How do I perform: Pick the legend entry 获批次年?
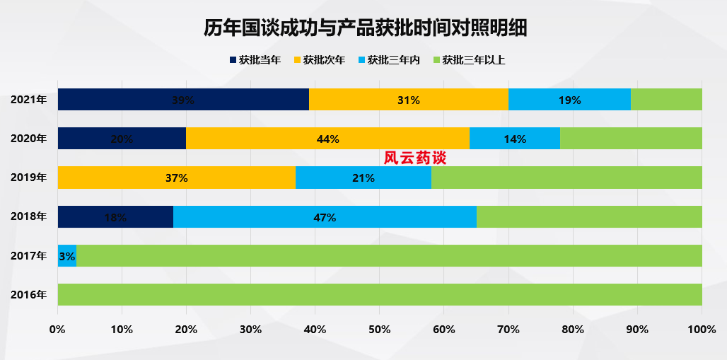[x=319, y=60]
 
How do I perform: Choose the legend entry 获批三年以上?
[x=468, y=60]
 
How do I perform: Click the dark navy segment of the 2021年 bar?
[x=183, y=100]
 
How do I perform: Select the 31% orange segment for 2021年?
[x=408, y=100]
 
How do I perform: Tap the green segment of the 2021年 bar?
[x=665, y=100]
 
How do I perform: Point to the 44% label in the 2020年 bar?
[x=327, y=139]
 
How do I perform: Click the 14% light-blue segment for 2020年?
[x=514, y=139]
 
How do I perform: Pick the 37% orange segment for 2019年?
[x=176, y=178]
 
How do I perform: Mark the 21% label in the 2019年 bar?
[x=363, y=178]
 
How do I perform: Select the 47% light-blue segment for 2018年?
[x=325, y=217]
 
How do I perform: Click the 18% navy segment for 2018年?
[x=115, y=217]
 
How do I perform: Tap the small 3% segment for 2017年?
[x=67, y=256]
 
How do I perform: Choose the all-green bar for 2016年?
[x=380, y=295]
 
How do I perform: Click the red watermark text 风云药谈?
[x=415, y=158]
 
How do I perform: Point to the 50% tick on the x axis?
[x=380, y=329]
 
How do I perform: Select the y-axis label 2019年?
[x=29, y=178]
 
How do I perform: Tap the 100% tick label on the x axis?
[x=702, y=329]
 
